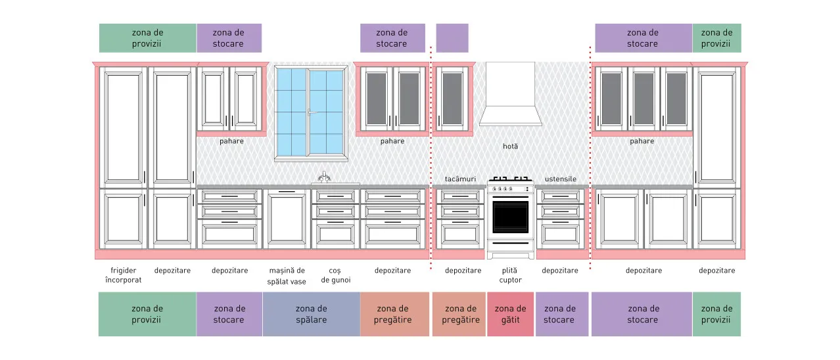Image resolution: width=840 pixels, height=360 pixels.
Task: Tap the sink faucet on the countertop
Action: click(324, 177)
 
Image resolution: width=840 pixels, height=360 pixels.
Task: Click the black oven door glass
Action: click(510, 217)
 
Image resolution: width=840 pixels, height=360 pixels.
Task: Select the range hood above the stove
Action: click(510, 94)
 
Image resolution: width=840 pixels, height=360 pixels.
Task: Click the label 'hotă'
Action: click(510, 146)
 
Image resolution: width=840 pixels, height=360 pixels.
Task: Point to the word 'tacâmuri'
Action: click(460, 179)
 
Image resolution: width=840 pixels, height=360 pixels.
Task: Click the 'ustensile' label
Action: click(560, 179)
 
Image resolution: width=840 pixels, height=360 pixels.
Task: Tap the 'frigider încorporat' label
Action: click(124, 275)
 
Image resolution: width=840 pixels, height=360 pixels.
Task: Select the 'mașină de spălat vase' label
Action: click(287, 276)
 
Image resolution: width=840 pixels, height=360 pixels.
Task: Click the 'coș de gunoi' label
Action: click(336, 275)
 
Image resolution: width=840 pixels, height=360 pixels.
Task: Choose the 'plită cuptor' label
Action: click(510, 275)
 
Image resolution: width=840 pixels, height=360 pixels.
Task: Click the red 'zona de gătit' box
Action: click(510, 314)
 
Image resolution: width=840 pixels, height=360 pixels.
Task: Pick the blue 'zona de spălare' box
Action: click(312, 314)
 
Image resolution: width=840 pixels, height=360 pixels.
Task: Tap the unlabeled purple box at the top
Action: click(452, 38)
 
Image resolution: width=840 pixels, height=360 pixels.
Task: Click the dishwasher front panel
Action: click(287, 219)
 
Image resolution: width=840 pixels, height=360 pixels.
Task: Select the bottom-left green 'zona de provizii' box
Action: click(147, 314)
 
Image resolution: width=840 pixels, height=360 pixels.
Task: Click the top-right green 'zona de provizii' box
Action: click(716, 38)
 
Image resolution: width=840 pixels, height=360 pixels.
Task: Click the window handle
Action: click(310, 112)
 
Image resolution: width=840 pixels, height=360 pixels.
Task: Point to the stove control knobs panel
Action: click(510, 189)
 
